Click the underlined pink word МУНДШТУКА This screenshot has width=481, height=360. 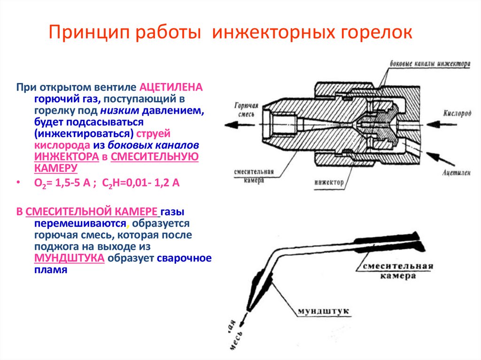pos(69,258)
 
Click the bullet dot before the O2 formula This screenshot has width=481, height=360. pos(18,184)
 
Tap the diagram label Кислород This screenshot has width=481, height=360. pos(456,114)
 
